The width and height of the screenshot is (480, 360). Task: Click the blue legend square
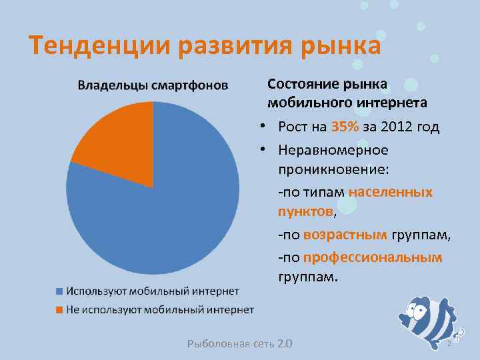click(59, 291)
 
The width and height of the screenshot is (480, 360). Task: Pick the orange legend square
click(59, 310)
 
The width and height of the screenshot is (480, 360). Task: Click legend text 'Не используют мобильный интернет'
click(159, 309)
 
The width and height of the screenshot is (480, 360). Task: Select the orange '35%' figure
click(344, 127)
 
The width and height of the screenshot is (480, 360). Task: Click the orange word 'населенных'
click(390, 192)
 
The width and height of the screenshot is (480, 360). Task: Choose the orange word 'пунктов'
click(306, 211)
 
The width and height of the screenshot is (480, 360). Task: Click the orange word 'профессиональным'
click(372, 257)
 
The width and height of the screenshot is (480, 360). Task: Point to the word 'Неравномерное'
click(333, 150)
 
